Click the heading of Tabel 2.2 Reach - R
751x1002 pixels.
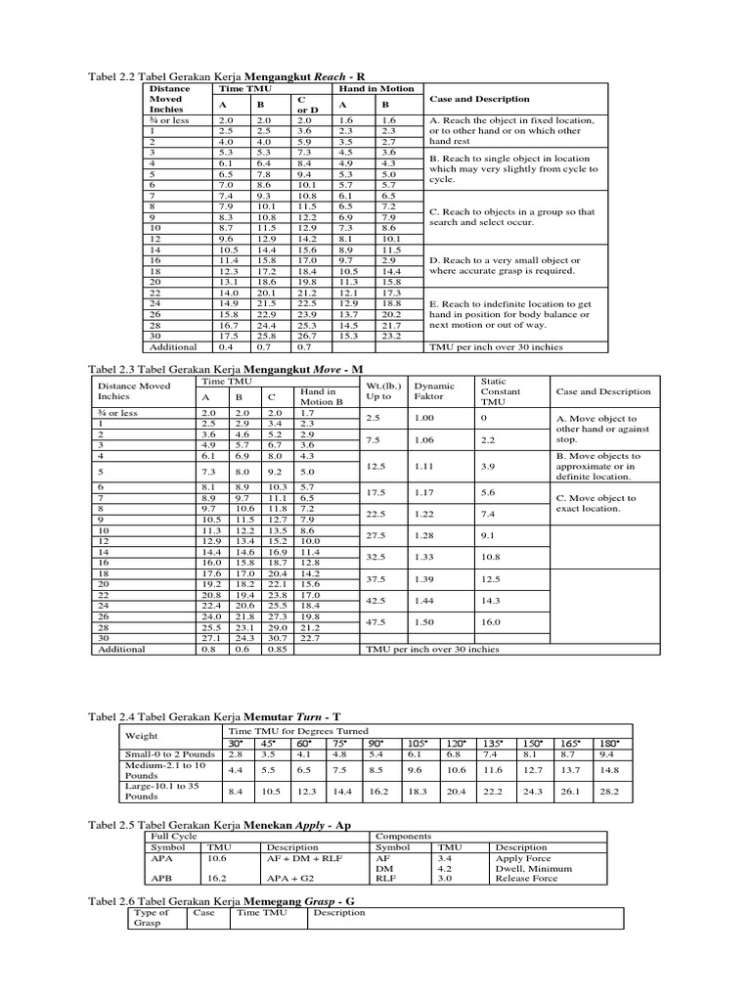coord(227,75)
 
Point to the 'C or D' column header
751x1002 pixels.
coord(303,104)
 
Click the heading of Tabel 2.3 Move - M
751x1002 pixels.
coord(226,370)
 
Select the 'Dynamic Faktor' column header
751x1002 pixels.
coord(428,391)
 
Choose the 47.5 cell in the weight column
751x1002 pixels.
coord(376,621)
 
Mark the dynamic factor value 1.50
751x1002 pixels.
coord(423,621)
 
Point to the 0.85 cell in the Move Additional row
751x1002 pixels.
coord(278,649)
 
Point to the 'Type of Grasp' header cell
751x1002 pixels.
coord(152,917)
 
